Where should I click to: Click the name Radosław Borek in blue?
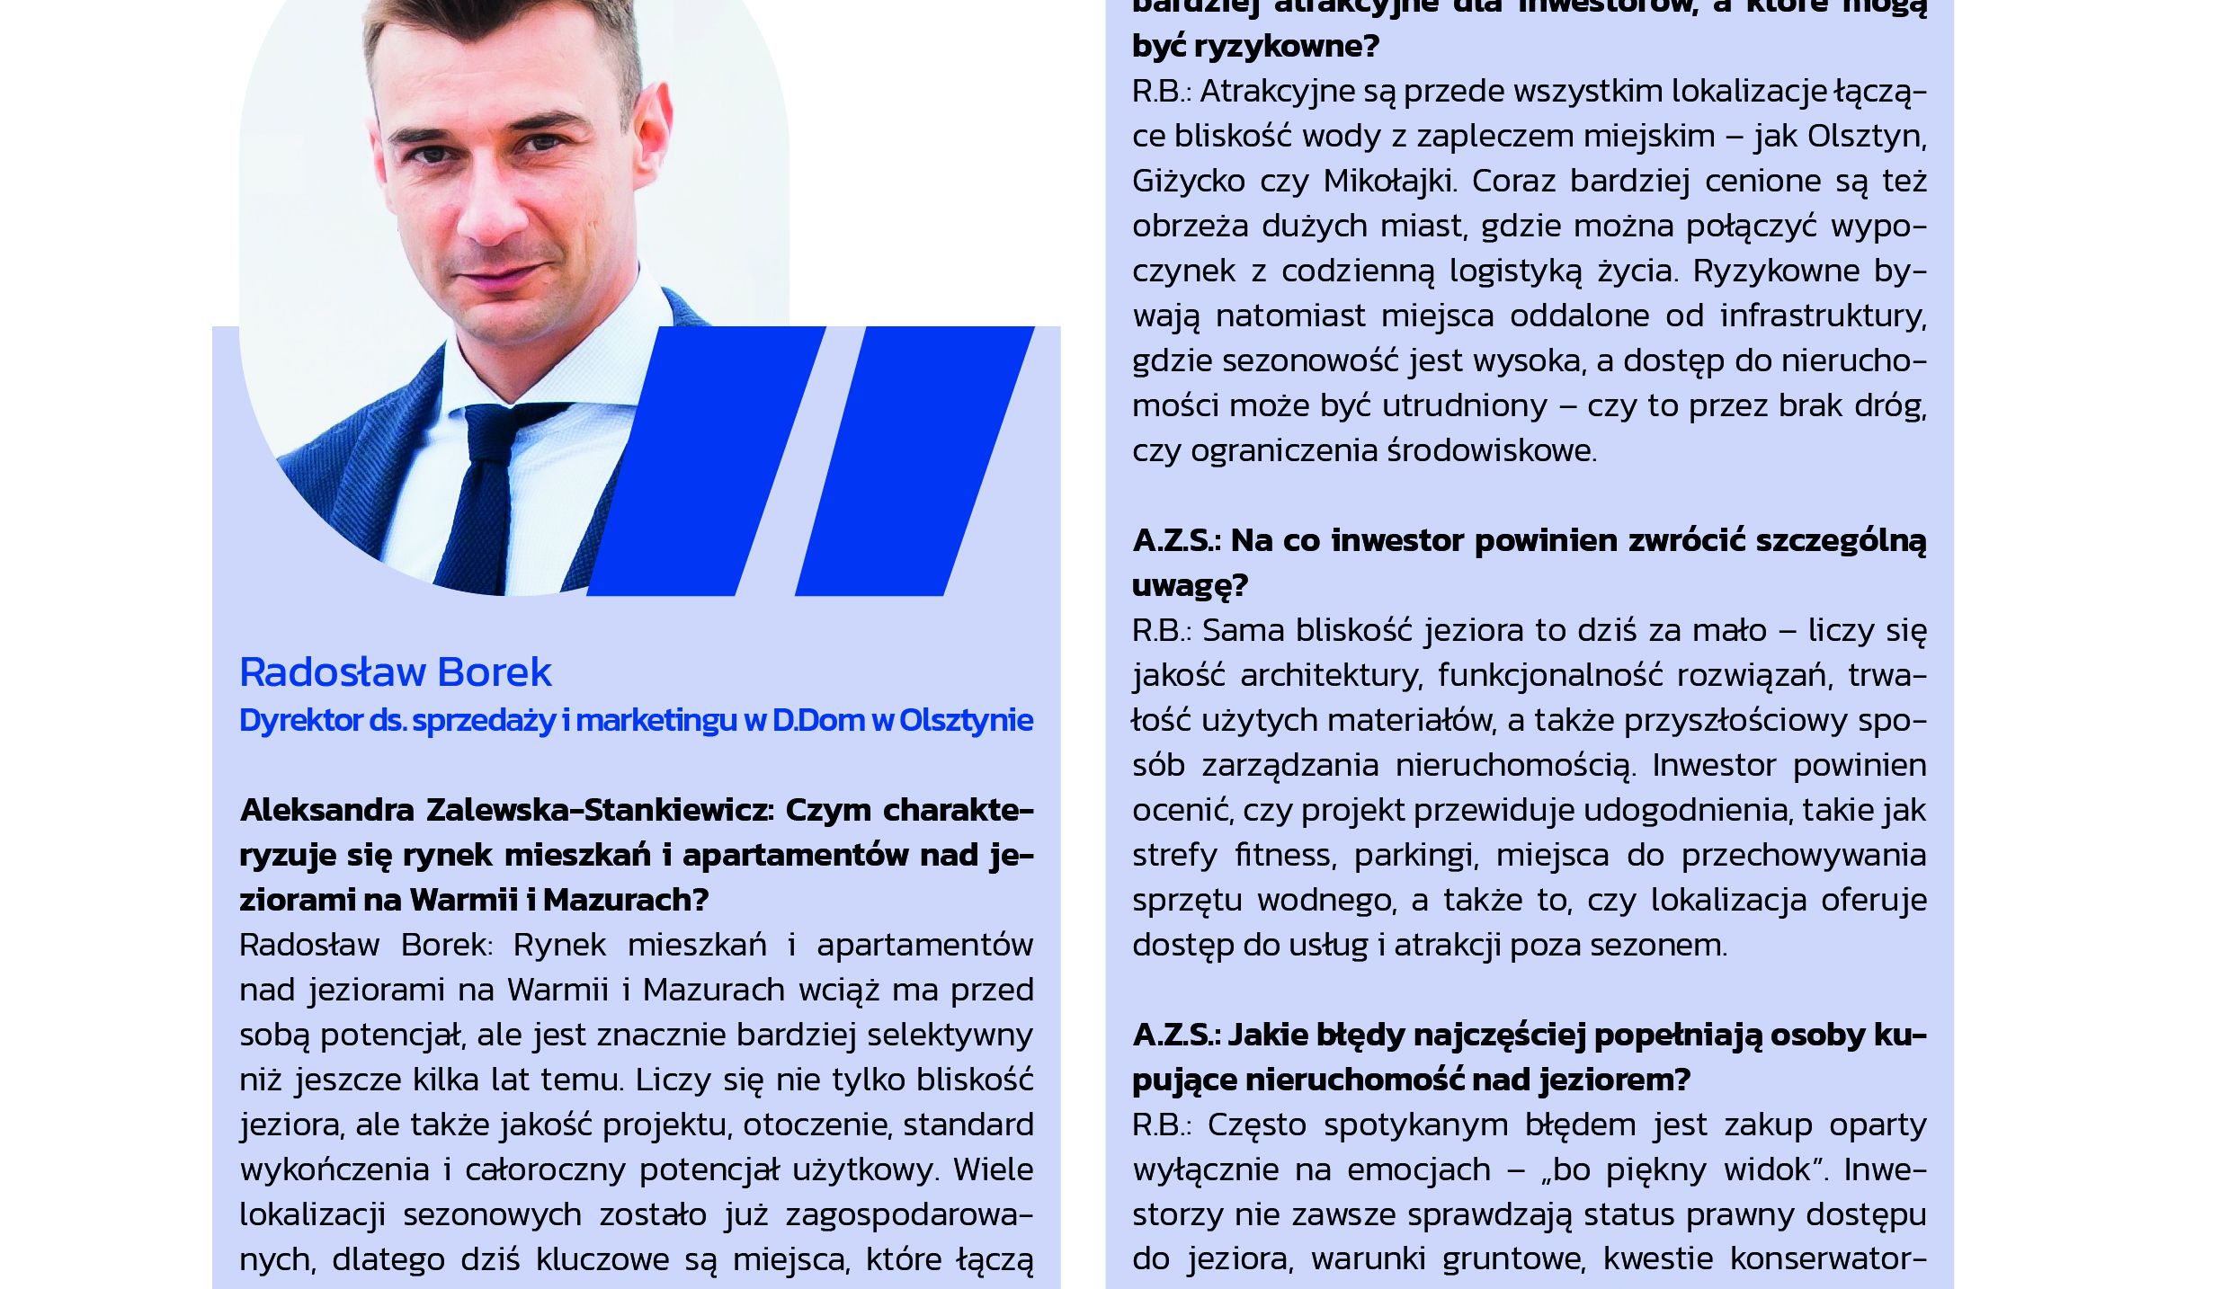tap(395, 672)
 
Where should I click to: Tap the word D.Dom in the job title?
tap(817, 720)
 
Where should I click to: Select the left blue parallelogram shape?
tap(706, 460)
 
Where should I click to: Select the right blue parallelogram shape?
tap(914, 460)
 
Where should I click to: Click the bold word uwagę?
tap(1190, 585)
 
